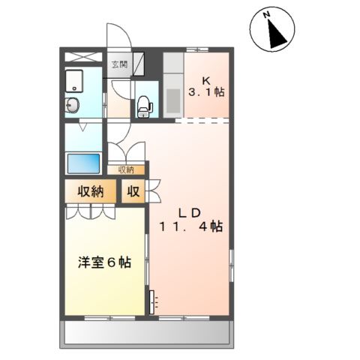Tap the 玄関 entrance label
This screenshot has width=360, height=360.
pyautogui.click(x=119, y=64)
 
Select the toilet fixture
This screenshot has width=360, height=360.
pyautogui.click(x=144, y=104)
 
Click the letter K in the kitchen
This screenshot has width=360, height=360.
pyautogui.click(x=205, y=79)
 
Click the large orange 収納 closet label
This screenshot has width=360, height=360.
pyautogui.click(x=88, y=191)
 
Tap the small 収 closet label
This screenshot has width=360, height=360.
pyautogui.click(x=133, y=191)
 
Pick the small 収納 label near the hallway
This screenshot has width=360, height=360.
pyautogui.click(x=125, y=169)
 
